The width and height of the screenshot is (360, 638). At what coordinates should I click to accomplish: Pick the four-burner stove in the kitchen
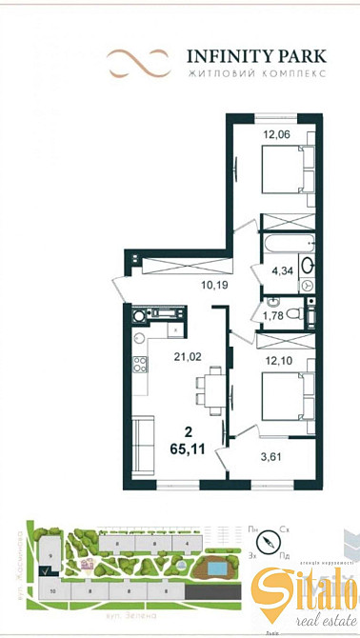(x=142, y=366)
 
